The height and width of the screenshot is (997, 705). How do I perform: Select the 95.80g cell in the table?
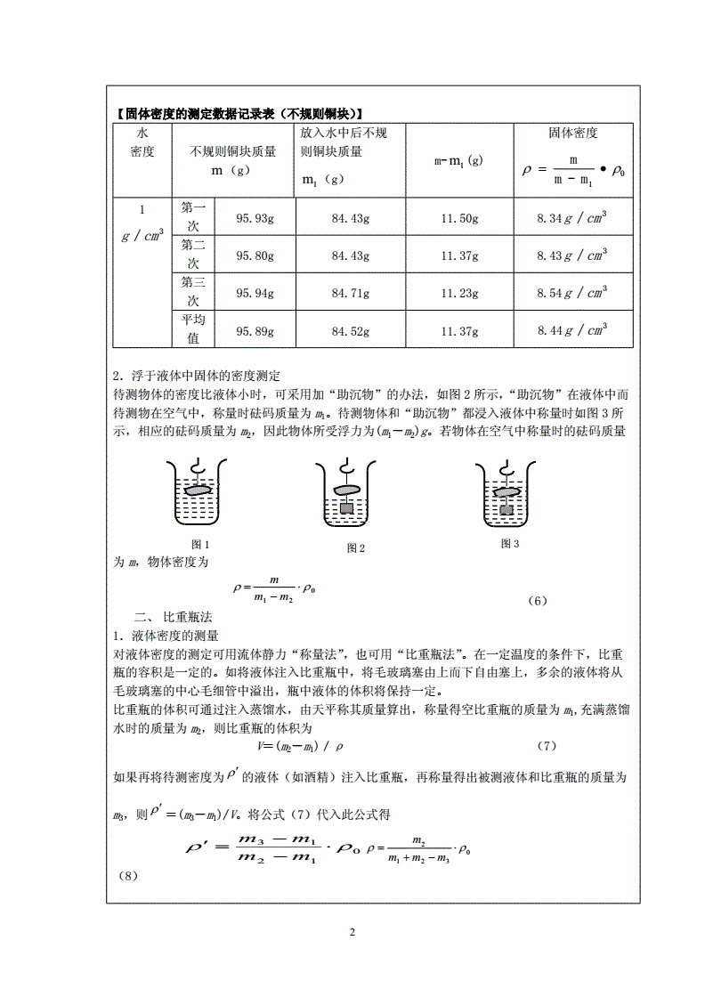click(x=255, y=255)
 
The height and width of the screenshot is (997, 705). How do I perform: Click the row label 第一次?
click(x=193, y=216)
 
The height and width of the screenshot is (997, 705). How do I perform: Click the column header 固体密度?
click(x=572, y=134)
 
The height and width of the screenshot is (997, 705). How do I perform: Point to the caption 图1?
click(x=200, y=544)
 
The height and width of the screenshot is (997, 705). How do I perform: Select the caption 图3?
click(x=509, y=543)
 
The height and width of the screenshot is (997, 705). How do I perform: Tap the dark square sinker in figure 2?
click(x=347, y=510)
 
